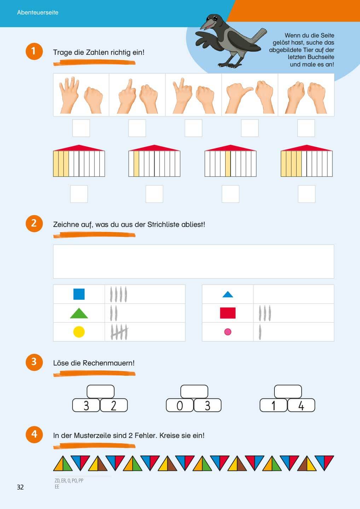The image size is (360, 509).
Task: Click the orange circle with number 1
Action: [34, 51]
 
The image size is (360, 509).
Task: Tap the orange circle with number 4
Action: [34, 434]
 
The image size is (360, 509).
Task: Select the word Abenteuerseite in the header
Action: [38, 12]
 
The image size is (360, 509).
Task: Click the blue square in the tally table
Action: [79, 294]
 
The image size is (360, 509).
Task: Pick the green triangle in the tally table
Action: [79, 314]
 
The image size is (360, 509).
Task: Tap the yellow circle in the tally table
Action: [79, 332]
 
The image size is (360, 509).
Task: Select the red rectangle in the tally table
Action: [228, 313]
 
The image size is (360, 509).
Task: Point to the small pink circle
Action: [228, 332]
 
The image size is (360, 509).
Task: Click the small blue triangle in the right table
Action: [228, 295]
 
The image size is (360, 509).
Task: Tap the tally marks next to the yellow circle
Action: [119, 332]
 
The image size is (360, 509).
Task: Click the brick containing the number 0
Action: [180, 405]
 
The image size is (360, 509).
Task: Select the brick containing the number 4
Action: [301, 405]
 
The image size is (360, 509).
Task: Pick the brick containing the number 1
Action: [273, 405]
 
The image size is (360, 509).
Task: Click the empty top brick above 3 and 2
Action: [100, 392]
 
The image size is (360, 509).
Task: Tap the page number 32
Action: [20, 487]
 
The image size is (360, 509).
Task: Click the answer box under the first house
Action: [79, 194]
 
